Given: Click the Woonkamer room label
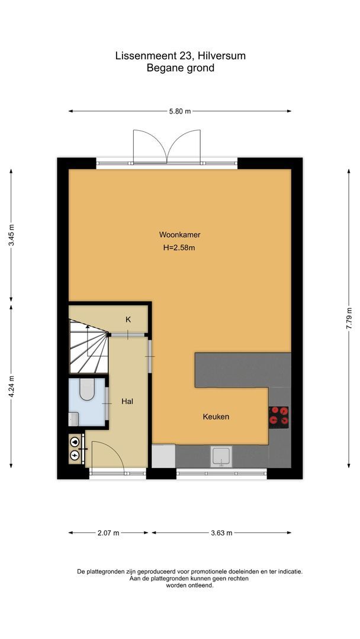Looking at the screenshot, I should pos(179,234).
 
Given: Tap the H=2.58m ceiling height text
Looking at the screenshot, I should pos(179,248).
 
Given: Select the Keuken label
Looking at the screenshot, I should pos(216,417).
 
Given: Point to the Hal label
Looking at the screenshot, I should pos(127,401).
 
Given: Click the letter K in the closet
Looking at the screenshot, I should pos(128,319).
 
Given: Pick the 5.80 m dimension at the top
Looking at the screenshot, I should pos(179,111).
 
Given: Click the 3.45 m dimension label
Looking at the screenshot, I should pos(11,235).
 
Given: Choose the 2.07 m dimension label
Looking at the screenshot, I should pos(108,532).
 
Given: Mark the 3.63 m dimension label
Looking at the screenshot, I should pos(220,532).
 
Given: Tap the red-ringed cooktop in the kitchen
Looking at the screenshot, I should pos(279,417).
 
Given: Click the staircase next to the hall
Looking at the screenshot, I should pos(89,346).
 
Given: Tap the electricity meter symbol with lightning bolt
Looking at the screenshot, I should pos(75,455).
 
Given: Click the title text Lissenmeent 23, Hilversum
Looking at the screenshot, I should pos(180,56).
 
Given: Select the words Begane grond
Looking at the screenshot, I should pos(180,68).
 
